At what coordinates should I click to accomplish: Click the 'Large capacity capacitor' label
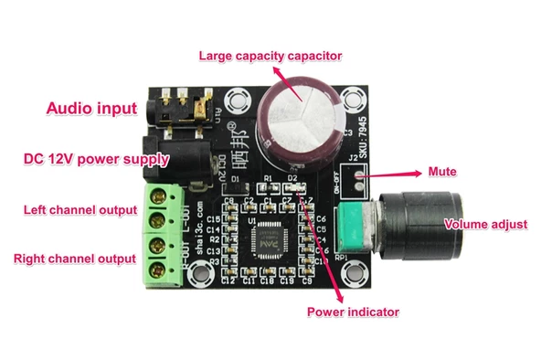[x=270, y=56]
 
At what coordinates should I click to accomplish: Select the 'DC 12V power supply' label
[x=96, y=159]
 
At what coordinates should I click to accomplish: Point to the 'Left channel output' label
[x=80, y=210]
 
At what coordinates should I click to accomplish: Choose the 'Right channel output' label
[x=75, y=259]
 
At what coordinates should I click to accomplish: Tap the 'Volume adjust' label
[x=485, y=224]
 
